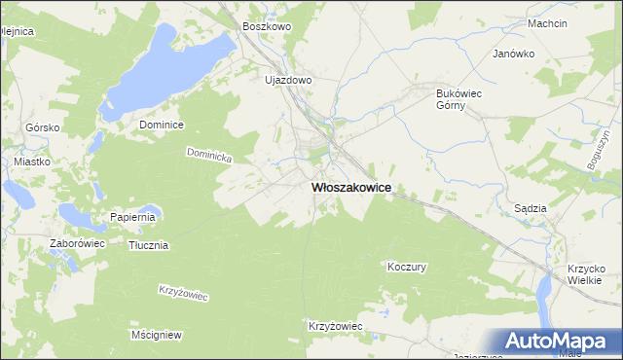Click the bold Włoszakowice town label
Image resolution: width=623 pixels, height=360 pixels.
pyautogui.click(x=350, y=189)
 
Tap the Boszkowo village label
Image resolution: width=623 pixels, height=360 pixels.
pyautogui.click(x=267, y=27)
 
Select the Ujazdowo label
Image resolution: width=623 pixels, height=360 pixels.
pyautogui.click(x=288, y=81)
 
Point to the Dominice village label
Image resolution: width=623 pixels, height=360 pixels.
pyautogui.click(x=162, y=125)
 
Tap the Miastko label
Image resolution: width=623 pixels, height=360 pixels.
pyautogui.click(x=32, y=162)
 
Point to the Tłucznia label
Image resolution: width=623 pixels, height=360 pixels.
pyautogui.click(x=149, y=245)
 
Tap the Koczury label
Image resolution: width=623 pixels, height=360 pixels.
pyautogui.click(x=407, y=266)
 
